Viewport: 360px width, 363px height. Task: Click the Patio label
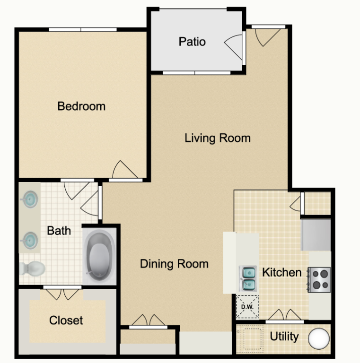pos(192,42)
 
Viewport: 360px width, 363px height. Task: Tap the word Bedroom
pos(81,106)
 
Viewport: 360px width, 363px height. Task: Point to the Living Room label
pos(218,138)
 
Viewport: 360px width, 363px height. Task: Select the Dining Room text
pos(174,264)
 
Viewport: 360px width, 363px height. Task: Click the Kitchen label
pos(281,272)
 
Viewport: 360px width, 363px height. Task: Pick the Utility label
pos(284,337)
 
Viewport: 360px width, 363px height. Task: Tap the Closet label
pos(66,320)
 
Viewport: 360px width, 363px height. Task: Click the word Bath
pos(59,231)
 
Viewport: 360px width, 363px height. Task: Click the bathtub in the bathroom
pos(99,256)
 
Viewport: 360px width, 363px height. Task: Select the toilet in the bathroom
pos(32,268)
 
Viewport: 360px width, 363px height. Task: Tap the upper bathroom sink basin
pos(29,199)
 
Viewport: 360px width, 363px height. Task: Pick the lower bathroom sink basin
pos(29,241)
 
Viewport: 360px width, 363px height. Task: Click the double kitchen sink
pos(247,278)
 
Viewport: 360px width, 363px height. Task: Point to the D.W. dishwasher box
pos(247,307)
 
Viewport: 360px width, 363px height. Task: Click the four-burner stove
pos(319,280)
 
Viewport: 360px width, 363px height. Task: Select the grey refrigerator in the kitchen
pos(316,235)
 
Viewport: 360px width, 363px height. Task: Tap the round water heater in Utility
pos(319,338)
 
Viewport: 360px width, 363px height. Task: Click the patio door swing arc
pos(233,46)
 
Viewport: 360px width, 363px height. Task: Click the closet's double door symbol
pos(62,294)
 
